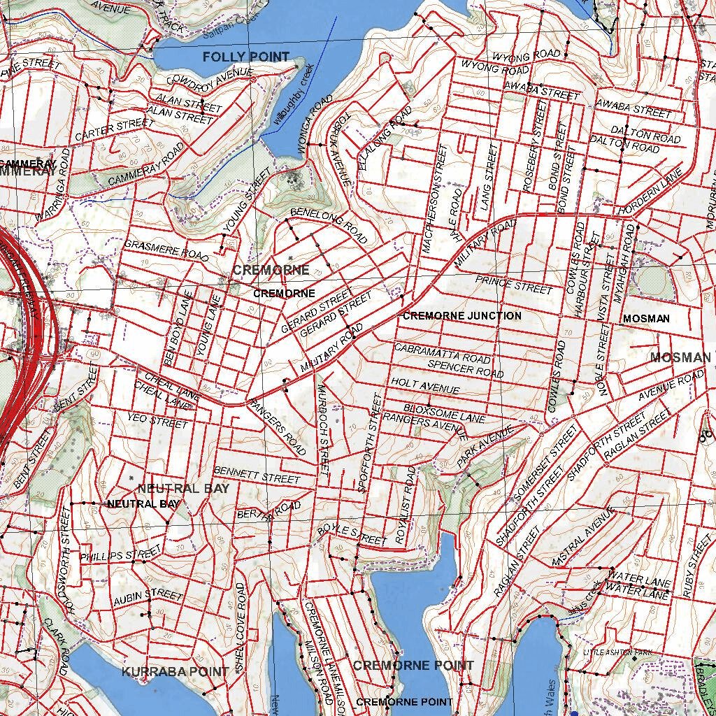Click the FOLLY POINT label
pyautogui.click(x=246, y=57)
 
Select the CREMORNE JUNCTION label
pyautogui.click(x=461, y=316)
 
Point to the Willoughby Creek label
pyautogui.click(x=294, y=95)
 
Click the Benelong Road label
pyautogui.click(x=329, y=224)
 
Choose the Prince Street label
pyautogui.click(x=514, y=285)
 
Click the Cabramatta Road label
pyautogui.click(x=442, y=352)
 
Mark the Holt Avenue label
pyautogui.click(x=425, y=385)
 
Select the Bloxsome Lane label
pyautogui.click(x=444, y=413)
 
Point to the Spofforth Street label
pyautogui.click(x=370, y=443)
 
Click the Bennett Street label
pyautogui.click(x=257, y=475)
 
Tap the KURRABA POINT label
pyautogui.click(x=175, y=671)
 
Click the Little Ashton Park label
pyautogui.click(x=608, y=652)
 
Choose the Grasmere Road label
pyautogui.click(x=166, y=250)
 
